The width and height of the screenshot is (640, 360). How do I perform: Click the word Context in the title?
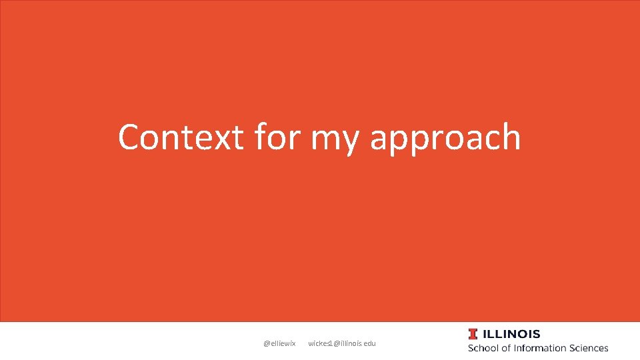coord(181,137)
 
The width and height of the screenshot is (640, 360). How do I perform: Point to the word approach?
coord(445,140)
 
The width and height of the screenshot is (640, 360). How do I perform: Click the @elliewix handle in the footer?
coord(279,343)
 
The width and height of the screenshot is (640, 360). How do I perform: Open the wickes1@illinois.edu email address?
coord(342,343)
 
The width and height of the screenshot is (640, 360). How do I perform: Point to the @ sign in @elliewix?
coord(267,343)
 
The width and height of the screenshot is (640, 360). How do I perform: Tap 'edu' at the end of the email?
coord(370,343)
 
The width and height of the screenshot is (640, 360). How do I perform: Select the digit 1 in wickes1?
coord(330,343)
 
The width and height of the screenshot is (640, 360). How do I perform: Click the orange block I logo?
coord(473,334)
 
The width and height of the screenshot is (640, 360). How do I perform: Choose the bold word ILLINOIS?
coord(511,334)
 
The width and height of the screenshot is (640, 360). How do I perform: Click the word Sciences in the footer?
coord(589,348)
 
